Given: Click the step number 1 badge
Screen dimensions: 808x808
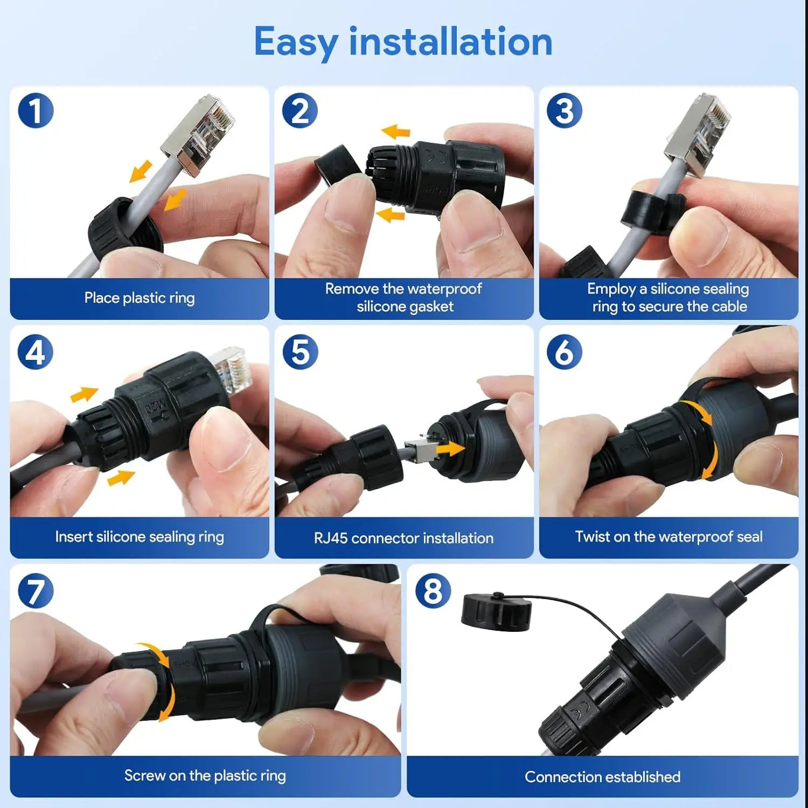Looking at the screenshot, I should [x=36, y=111].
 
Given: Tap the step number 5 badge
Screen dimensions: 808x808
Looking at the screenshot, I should [x=300, y=352].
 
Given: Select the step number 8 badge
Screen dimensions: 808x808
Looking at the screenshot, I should [x=433, y=591].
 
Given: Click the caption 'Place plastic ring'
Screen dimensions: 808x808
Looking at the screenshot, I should [x=140, y=298].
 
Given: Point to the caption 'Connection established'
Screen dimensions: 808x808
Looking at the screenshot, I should [x=602, y=777].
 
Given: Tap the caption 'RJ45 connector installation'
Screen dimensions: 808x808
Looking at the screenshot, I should [x=403, y=538].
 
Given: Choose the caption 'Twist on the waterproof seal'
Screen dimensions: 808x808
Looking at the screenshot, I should [x=668, y=537].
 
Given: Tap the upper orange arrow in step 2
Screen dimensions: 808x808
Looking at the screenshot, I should [x=396, y=131].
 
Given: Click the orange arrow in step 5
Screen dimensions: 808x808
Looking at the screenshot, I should [x=450, y=448].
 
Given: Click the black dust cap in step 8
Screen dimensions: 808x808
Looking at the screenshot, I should [x=496, y=612].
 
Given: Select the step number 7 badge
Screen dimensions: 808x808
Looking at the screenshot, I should [x=36, y=591].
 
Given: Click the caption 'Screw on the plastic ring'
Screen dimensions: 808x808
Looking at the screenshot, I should [x=205, y=776].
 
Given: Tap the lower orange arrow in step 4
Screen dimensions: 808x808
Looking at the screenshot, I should [x=121, y=477].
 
